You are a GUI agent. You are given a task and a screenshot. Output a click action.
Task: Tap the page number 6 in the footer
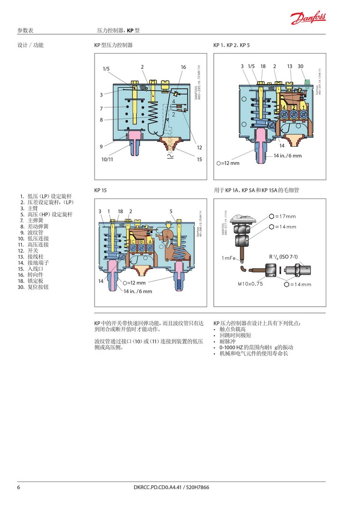pyautogui.click(x=19, y=487)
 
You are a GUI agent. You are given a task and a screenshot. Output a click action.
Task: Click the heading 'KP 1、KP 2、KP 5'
pyautogui.click(x=231, y=45)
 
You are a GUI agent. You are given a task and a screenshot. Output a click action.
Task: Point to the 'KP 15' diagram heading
pyautogui.click(x=100, y=190)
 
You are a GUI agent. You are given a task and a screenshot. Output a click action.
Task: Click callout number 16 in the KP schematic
pyautogui.click(x=183, y=67)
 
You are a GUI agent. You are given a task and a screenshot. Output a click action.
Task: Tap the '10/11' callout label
pyautogui.click(x=107, y=160)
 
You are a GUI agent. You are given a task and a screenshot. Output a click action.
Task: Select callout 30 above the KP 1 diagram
pyautogui.click(x=301, y=66)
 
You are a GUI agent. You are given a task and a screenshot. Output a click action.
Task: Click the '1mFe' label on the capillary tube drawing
pyautogui.click(x=229, y=258)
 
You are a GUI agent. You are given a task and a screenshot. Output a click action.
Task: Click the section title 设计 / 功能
pyautogui.click(x=30, y=45)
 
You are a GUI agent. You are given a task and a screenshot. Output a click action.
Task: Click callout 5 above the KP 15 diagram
pyautogui.click(x=171, y=211)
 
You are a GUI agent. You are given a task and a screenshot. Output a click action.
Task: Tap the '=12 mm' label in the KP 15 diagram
pyautogui.click(x=136, y=283)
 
